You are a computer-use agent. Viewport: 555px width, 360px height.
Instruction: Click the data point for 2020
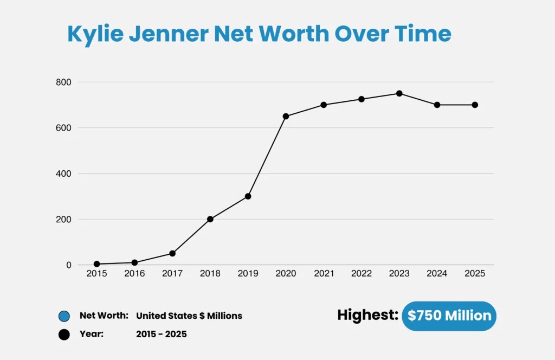click(x=286, y=116)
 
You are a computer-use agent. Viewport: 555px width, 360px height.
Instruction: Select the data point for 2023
click(x=399, y=93)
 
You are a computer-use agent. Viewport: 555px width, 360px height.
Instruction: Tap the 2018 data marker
click(x=210, y=219)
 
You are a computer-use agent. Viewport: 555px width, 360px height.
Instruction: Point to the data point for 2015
click(x=96, y=264)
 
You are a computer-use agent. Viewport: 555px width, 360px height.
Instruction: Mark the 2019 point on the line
click(x=248, y=196)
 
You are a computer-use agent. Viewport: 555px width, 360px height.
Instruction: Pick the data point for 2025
click(x=475, y=105)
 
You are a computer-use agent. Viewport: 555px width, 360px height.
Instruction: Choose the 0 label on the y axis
click(x=69, y=265)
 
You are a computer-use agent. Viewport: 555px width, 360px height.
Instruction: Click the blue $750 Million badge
click(x=449, y=316)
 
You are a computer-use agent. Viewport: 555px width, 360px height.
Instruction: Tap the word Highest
click(x=367, y=315)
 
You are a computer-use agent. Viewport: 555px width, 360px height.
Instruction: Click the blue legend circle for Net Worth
click(x=64, y=316)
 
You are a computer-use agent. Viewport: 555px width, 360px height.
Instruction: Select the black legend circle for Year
click(x=64, y=335)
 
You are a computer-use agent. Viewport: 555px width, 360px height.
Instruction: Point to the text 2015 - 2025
click(x=162, y=335)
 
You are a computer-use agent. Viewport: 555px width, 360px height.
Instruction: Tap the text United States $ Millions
click(x=189, y=316)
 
